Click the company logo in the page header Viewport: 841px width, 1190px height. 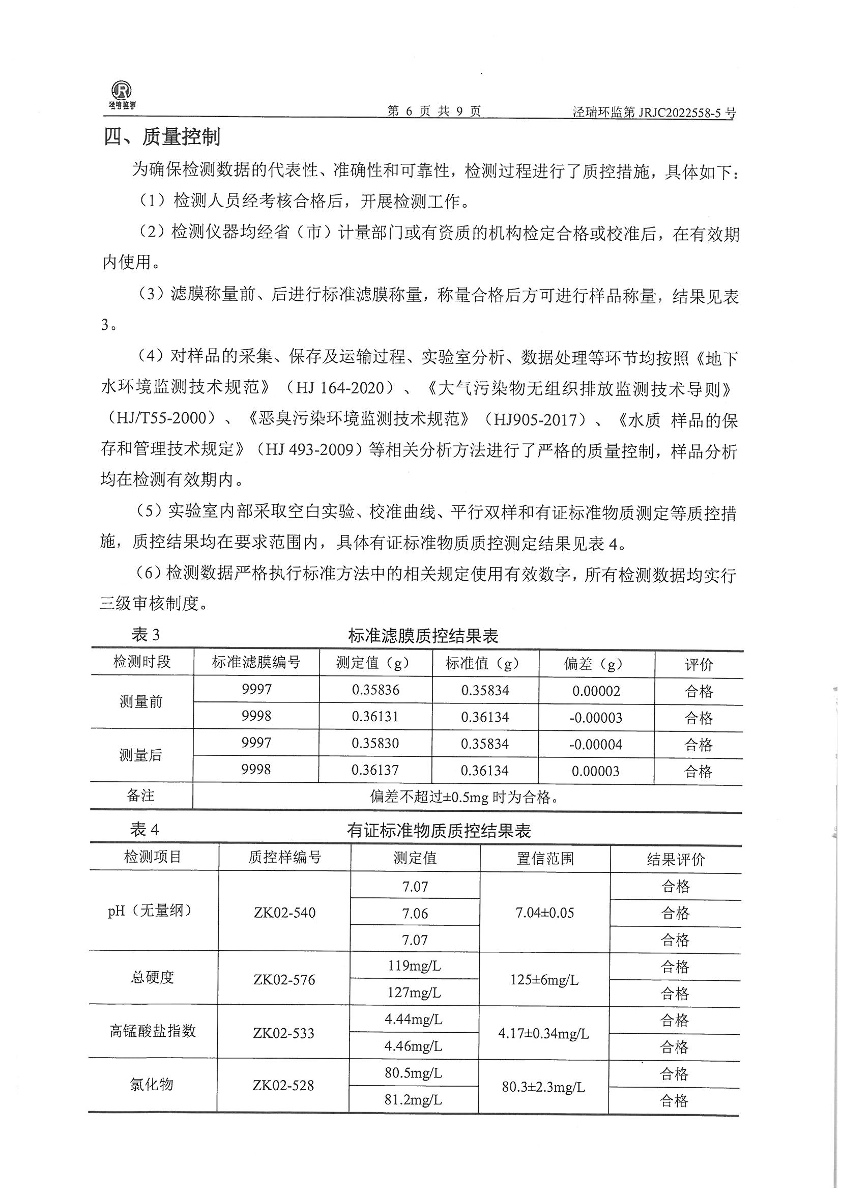pos(122,94)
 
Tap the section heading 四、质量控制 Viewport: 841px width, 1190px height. pos(162,137)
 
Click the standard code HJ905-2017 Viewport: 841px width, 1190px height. pos(535,419)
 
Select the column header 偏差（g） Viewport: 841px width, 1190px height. pos(596,664)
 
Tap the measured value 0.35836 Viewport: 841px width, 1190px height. pos(375,690)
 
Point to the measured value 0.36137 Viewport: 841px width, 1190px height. pos(375,770)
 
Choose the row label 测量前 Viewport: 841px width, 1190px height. pos(141,702)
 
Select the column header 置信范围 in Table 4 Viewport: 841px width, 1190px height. pos(545,859)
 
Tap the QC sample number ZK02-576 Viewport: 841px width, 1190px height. pos(284,980)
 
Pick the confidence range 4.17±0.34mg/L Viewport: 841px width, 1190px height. pos(543,1033)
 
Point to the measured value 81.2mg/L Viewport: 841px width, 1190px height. pos(413,1099)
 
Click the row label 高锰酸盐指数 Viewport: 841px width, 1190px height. pos(153,1033)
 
